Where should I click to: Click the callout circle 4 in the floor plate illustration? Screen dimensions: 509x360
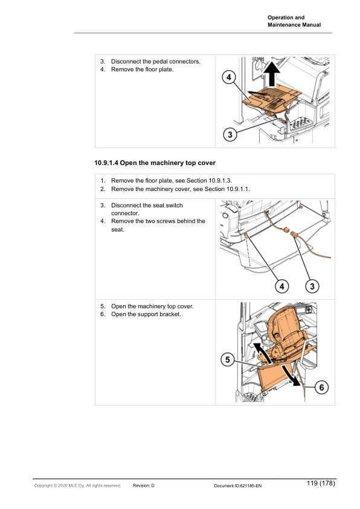pyautogui.click(x=228, y=78)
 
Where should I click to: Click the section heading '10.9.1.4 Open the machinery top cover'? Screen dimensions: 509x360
pyautogui.click(x=155, y=163)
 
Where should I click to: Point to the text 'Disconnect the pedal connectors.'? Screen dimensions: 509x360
pyautogui.click(x=155, y=62)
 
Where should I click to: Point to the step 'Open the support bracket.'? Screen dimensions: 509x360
pyautogui.click(x=145, y=314)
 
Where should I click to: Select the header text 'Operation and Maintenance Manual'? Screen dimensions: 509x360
pyautogui.click(x=294, y=21)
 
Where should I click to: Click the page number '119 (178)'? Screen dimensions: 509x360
pyautogui.click(x=320, y=484)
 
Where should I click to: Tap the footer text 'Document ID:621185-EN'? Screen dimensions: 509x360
pyautogui.click(x=237, y=485)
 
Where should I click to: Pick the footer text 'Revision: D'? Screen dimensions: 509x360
pyautogui.click(x=144, y=485)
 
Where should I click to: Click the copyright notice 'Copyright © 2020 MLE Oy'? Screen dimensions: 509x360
pyautogui.click(x=77, y=485)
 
